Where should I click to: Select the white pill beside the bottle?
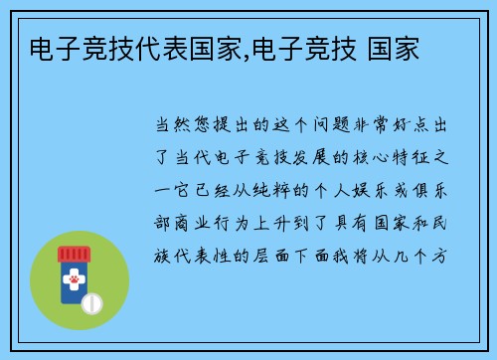(x=93, y=300)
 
